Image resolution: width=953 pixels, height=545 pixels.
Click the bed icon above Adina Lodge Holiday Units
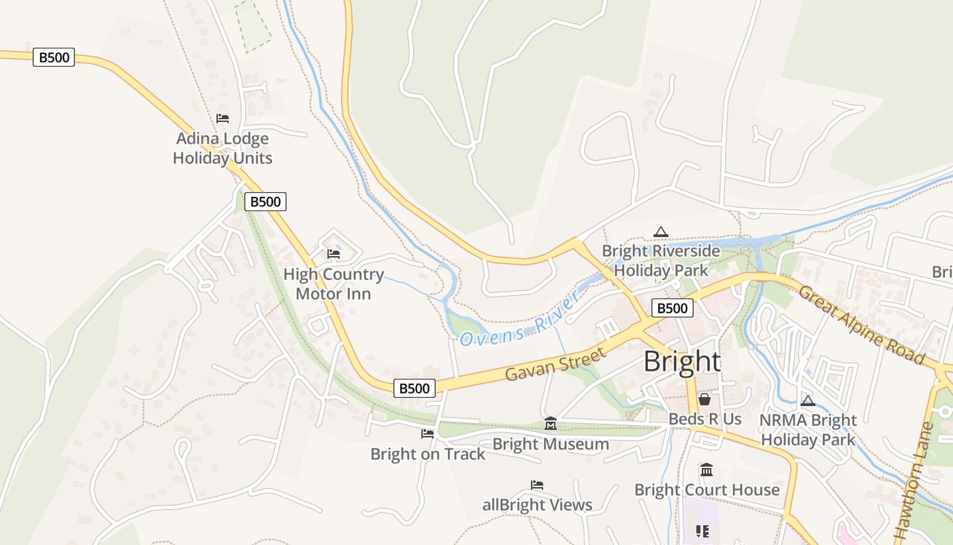coord(223,119)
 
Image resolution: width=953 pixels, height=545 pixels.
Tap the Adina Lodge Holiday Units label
coord(223,149)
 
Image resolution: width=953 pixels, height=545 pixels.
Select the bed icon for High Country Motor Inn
coord(334,254)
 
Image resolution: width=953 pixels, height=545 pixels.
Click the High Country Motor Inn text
coord(334,284)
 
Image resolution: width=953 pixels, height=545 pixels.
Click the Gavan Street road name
coord(555,364)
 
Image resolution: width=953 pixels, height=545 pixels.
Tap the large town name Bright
coord(681,362)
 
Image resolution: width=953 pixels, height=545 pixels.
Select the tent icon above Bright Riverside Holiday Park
coord(660,232)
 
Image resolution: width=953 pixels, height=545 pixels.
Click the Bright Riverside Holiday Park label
coord(660,261)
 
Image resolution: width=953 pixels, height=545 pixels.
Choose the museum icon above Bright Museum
coord(551,424)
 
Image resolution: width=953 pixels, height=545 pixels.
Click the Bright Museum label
coord(551,445)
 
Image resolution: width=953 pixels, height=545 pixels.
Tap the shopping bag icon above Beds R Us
coord(705,399)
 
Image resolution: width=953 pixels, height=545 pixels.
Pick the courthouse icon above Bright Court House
coord(707,470)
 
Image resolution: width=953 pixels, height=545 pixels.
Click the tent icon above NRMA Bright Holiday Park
coord(808,401)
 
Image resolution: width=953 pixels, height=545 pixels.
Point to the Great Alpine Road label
coord(862,325)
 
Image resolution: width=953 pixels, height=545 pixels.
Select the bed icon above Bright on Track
coord(427,434)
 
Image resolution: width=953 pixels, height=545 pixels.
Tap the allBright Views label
coord(537,505)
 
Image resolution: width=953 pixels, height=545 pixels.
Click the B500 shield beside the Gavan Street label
coord(414,388)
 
